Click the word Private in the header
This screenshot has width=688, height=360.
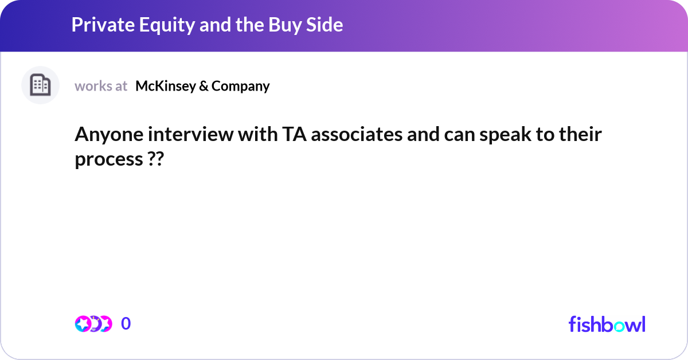click(x=103, y=25)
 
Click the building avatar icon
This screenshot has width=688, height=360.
click(x=40, y=85)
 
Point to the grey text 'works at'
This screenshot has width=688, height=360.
click(x=101, y=86)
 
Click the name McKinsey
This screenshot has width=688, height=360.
click(x=166, y=87)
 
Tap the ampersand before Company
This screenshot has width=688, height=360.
click(x=204, y=87)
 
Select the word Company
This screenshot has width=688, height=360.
click(x=240, y=87)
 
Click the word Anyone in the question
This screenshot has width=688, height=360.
click(x=109, y=135)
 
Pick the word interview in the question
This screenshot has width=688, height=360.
click(x=190, y=134)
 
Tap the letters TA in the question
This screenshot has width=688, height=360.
click(x=294, y=135)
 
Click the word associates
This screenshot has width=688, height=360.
click(x=357, y=135)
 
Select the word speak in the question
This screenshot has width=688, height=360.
click(x=505, y=135)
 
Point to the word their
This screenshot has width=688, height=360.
click(x=580, y=134)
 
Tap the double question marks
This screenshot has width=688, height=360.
click(x=156, y=159)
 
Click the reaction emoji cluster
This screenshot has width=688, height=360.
click(x=93, y=324)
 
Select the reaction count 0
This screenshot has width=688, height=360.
click(x=126, y=323)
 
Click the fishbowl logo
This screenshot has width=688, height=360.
click(x=607, y=324)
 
